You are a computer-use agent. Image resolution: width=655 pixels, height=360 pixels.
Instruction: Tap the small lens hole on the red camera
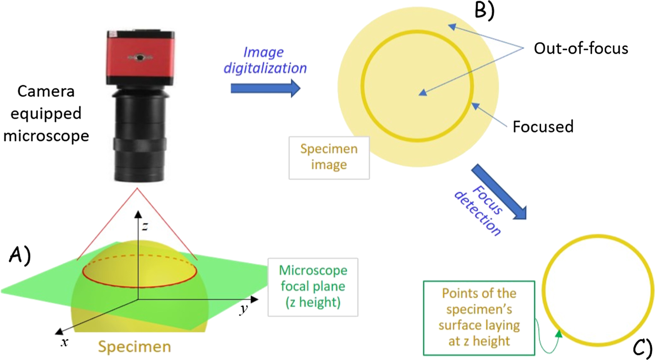[140, 57]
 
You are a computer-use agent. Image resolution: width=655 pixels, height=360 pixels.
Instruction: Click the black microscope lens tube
[140, 136]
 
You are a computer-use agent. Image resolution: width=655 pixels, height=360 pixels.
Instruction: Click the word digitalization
[265, 68]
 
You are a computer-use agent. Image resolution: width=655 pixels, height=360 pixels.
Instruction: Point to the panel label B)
[484, 10]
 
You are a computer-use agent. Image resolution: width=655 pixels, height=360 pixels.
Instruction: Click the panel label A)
[20, 255]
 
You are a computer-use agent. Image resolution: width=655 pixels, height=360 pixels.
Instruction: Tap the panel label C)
[642, 348]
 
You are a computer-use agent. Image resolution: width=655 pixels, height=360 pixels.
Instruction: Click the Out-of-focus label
[581, 48]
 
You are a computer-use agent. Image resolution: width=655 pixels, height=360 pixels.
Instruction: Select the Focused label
[543, 127]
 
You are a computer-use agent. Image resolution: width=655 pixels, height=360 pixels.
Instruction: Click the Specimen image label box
[329, 157]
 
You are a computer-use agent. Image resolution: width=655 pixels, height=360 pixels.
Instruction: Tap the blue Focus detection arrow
[499, 191]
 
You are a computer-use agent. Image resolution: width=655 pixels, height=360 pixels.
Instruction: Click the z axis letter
[145, 226]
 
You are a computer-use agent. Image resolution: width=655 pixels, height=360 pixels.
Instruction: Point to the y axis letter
[244, 309]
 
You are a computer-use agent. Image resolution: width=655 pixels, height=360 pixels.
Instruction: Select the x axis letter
[65, 342]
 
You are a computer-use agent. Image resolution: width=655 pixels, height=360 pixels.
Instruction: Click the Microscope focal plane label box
[313, 287]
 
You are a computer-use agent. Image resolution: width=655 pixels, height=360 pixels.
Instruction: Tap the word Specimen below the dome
[135, 346]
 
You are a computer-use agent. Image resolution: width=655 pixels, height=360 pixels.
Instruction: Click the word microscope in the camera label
[46, 136]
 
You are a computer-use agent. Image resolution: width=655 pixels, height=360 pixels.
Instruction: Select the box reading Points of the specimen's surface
[479, 317]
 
